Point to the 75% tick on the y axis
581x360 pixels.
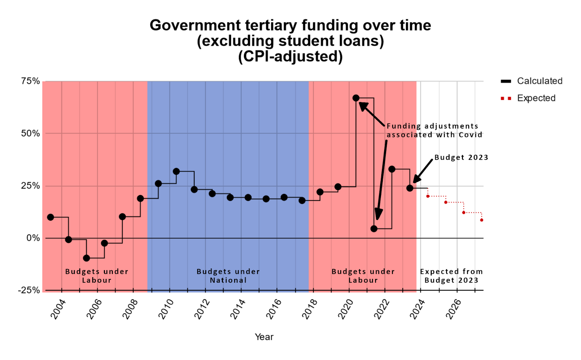[x=31, y=81]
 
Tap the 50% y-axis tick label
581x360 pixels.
[x=31, y=133]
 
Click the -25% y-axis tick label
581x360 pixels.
[x=29, y=290]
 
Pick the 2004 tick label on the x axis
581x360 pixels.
[x=58, y=309]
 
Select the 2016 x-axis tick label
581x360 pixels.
[x=274, y=309]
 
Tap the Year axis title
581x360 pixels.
[x=264, y=337]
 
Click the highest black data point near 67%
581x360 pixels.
[x=356, y=98]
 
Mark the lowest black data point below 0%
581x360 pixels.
[x=86, y=258]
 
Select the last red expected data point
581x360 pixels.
[x=482, y=220]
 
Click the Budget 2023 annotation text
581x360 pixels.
[x=461, y=157]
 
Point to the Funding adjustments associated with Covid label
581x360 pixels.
[x=434, y=130]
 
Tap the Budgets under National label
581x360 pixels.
[x=228, y=276]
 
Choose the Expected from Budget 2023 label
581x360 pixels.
[x=451, y=276]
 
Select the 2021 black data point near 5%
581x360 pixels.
[x=374, y=228]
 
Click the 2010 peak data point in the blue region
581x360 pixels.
[x=176, y=171]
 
